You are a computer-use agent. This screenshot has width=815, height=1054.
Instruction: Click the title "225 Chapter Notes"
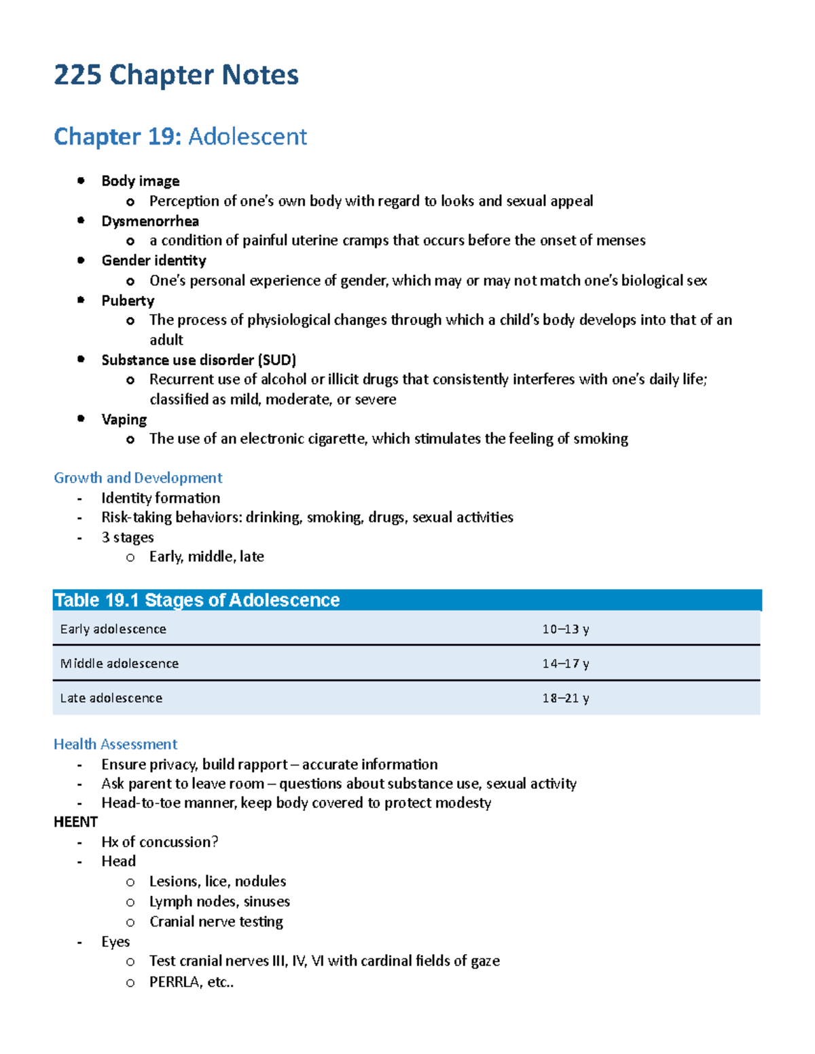coord(176,75)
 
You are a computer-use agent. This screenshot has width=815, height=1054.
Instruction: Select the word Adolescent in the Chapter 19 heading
coord(247,136)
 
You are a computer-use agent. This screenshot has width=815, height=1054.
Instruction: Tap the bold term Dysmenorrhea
coord(150,221)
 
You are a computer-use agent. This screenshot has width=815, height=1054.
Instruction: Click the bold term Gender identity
coord(153,261)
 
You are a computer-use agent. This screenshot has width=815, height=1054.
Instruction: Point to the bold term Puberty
coord(128,301)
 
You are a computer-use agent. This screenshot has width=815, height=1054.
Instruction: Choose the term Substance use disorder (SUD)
coord(198,360)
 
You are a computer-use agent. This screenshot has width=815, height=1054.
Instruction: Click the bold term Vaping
coord(124,419)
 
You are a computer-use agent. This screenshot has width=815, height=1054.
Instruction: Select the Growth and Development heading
coord(138,478)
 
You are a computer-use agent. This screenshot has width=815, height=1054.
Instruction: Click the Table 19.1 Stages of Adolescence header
coord(197,600)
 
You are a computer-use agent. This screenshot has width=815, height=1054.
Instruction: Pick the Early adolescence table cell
coord(113,629)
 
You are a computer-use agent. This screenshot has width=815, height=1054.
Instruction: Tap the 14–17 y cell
coord(565,664)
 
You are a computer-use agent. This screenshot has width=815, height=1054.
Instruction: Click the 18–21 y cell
coord(565,698)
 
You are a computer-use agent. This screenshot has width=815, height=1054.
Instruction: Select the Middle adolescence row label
coord(120,664)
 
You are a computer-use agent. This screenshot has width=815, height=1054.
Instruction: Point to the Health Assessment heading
coord(115,745)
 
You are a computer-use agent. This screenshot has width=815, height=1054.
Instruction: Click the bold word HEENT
coord(75,822)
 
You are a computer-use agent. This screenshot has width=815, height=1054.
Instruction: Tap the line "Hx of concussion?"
coord(160,842)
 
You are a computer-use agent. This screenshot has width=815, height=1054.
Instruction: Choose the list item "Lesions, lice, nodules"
coord(217,882)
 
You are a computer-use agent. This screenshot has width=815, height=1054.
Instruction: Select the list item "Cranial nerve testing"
coord(216,922)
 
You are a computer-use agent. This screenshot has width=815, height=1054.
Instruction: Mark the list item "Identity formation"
coord(160,498)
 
